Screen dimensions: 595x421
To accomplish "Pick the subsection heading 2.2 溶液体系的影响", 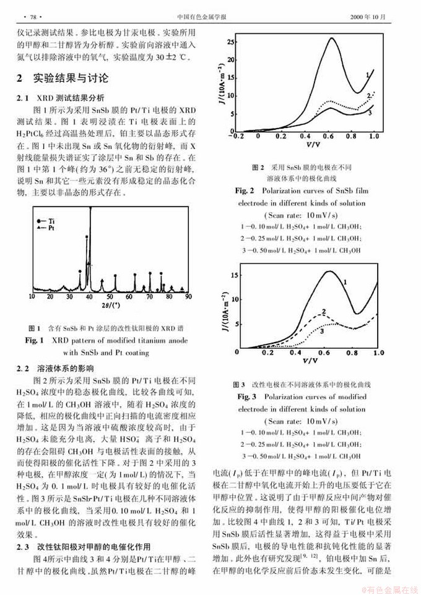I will point(54,367).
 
